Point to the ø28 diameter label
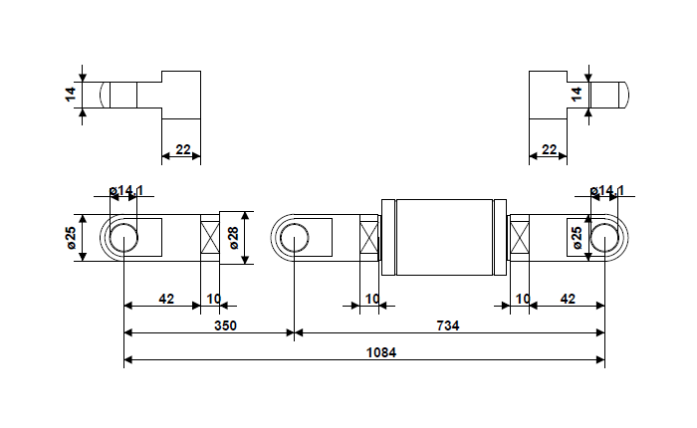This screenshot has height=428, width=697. pyautogui.click(x=233, y=238)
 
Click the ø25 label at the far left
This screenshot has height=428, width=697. pyautogui.click(x=71, y=238)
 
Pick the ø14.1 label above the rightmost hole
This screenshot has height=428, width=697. pyautogui.click(x=606, y=190)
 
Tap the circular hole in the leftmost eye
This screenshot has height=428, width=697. pyautogui.click(x=123, y=239)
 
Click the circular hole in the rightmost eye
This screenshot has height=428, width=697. pyautogui.click(x=604, y=239)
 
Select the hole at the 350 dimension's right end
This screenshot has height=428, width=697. pyautogui.click(x=294, y=239)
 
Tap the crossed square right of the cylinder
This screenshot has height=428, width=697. pyautogui.click(x=519, y=239)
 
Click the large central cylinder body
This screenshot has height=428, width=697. pyautogui.click(x=444, y=237)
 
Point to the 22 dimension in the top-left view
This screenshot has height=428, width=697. pyautogui.click(x=182, y=148)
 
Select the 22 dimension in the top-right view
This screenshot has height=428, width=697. pyautogui.click(x=549, y=148)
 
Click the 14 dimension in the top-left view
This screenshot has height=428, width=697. pyautogui.click(x=70, y=95)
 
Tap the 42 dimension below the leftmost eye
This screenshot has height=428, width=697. pyautogui.click(x=166, y=298)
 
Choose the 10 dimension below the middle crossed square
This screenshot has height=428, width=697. pyautogui.click(x=370, y=298)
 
